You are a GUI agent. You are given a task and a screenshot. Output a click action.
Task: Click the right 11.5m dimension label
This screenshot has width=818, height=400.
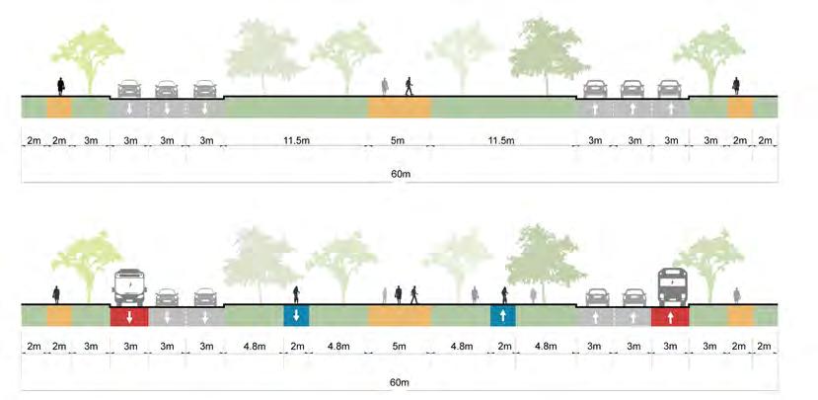pyautogui.click(x=502, y=141)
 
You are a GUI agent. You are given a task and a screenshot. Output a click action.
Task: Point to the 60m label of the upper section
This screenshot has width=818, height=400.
pyautogui.click(x=399, y=172)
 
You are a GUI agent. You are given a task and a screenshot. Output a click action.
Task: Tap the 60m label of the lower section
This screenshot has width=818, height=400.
pyautogui.click(x=399, y=382)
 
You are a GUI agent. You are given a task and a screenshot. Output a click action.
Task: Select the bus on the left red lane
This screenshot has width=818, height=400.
pyautogui.click(x=130, y=286)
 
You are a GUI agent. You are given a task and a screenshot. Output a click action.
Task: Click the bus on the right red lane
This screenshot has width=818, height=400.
pyautogui.click(x=671, y=286)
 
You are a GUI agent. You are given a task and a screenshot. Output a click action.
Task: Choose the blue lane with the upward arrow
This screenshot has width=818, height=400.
pyautogui.click(x=503, y=316)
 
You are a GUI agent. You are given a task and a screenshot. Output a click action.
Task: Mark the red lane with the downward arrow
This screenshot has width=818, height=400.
pyautogui.click(x=129, y=316)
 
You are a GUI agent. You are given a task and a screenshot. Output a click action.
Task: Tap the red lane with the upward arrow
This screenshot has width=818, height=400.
pyautogui.click(x=670, y=316)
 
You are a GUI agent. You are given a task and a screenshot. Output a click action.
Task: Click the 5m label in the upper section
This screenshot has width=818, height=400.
pyautogui.click(x=399, y=141)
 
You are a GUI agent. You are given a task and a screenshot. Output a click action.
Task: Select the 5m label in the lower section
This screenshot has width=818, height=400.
pyautogui.click(x=399, y=347)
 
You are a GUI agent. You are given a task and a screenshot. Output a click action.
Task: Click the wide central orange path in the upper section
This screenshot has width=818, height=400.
pyautogui.click(x=399, y=107)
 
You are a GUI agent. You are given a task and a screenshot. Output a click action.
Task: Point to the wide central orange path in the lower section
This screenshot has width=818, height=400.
pyautogui.click(x=399, y=316)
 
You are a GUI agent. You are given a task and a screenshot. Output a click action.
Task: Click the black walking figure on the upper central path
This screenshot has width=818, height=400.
pyautogui.click(x=409, y=87)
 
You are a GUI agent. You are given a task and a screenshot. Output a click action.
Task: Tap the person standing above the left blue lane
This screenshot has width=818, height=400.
pyautogui.click(x=296, y=294)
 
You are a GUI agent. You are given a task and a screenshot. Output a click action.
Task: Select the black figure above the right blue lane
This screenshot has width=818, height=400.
pyautogui.click(x=504, y=294)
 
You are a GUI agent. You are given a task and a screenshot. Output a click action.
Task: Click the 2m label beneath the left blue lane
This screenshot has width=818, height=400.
pyautogui.click(x=296, y=347)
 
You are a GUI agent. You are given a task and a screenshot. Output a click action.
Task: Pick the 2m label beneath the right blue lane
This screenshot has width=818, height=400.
pyautogui.click(x=503, y=347)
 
